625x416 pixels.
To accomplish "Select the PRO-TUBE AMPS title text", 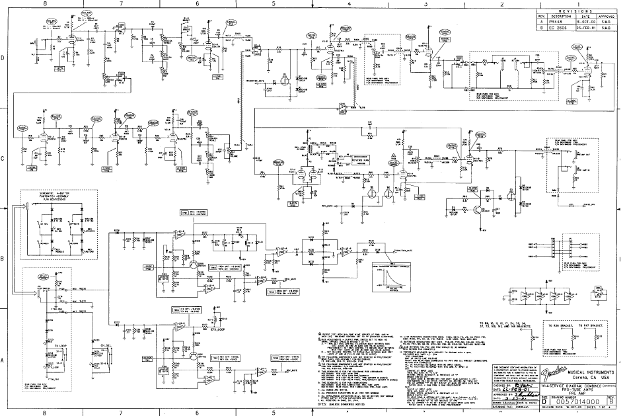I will [x=569, y=388].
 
